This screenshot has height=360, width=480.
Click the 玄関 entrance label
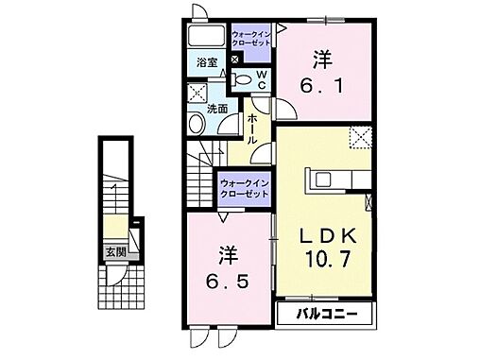click(115, 253)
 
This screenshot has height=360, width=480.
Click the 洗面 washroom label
click(216, 109)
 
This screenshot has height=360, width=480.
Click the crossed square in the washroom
click(199, 93)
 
